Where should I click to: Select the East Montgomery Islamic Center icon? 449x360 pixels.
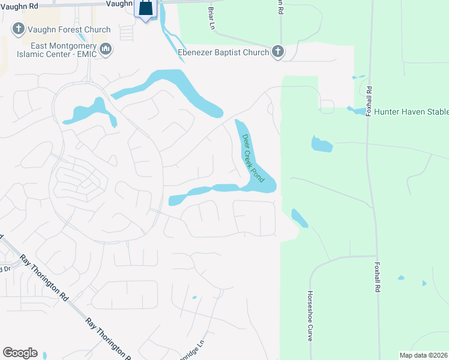tap(106, 49)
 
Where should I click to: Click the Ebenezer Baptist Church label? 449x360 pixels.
tap(223, 52)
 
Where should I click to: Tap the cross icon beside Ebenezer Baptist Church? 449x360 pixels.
tap(277, 52)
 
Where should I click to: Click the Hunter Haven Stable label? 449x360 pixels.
tap(411, 112)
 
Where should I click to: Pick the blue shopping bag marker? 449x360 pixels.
tap(146, 8)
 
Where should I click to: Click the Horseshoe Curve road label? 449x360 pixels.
tap(310, 316)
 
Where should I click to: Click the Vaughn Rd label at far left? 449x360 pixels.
tap(19, 5)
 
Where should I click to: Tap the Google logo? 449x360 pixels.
tap(20, 353)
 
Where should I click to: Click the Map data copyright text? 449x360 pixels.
tap(424, 355)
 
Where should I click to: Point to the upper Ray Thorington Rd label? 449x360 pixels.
tap(43, 277)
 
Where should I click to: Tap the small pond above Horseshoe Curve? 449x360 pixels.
tap(299, 218)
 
